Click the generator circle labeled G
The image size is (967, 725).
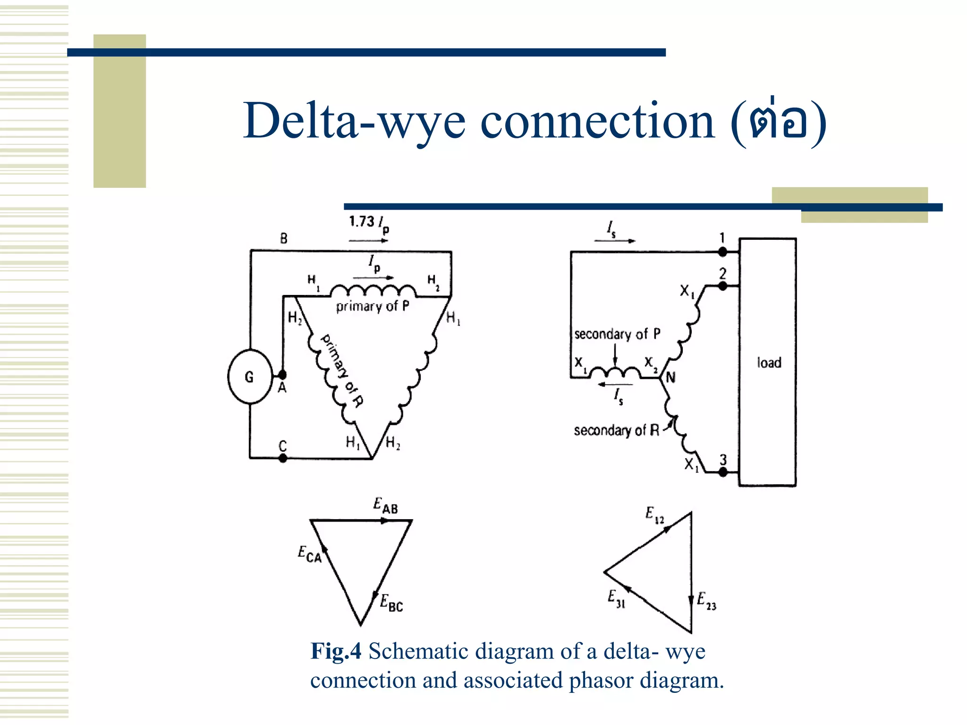250,376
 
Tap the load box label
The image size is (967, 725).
769,362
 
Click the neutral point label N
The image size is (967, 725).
670,378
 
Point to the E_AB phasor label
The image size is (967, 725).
385,506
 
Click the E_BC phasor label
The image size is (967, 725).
391,603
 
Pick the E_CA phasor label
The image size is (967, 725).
309,554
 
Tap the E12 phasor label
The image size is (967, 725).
654,515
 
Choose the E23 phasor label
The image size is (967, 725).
706,601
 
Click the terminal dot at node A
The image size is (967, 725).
282,375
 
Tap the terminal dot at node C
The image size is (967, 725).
283,458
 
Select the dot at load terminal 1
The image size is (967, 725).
722,252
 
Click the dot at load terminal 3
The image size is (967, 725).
723,472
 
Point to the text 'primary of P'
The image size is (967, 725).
372,306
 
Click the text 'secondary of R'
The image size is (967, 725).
616,430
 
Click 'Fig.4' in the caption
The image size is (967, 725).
336,651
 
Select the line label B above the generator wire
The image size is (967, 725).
283,239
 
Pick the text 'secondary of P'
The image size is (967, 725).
617,334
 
